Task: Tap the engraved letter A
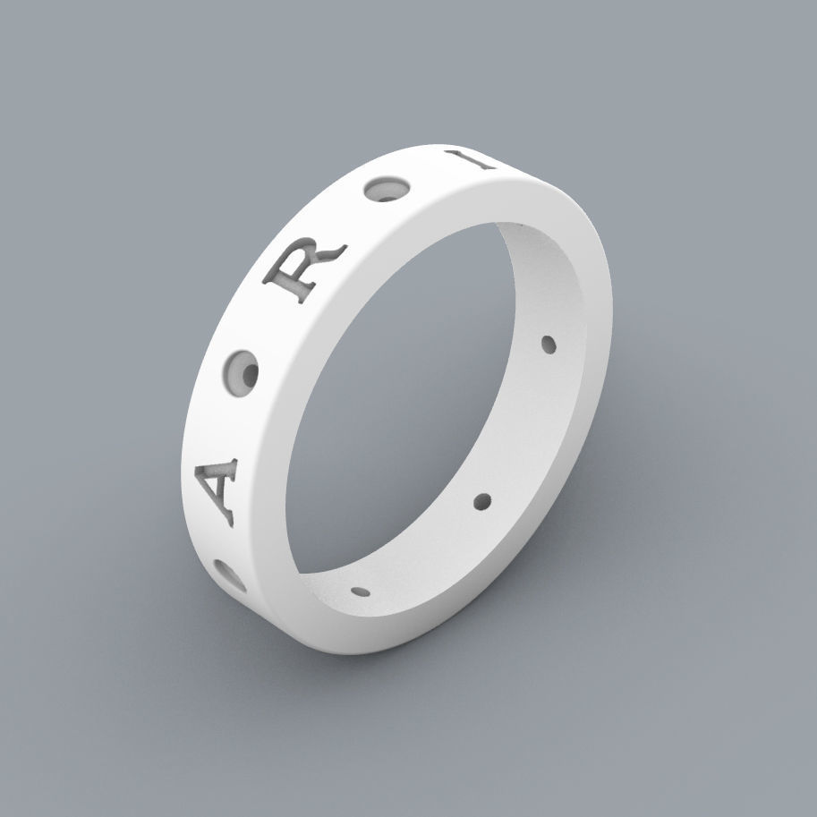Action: (217, 487)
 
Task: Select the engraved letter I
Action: (484, 161)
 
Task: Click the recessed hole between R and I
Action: (391, 191)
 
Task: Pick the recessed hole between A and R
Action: (242, 371)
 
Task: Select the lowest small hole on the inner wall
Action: (362, 591)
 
